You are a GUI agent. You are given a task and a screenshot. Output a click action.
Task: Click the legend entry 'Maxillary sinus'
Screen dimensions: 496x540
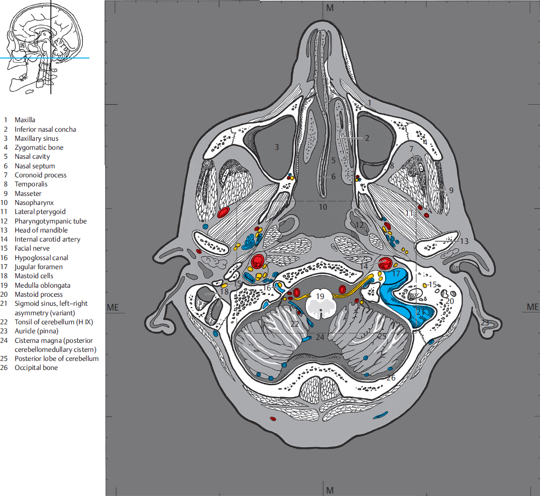tap(36, 138)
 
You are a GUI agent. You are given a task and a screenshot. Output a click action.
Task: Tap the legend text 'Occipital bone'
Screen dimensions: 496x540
tap(36, 368)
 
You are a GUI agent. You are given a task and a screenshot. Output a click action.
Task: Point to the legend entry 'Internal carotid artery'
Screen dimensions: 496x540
tap(47, 239)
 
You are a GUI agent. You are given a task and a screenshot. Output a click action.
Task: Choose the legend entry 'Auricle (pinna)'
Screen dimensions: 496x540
tap(36, 331)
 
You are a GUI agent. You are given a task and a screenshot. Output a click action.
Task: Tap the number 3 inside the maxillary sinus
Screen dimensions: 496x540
tap(277, 147)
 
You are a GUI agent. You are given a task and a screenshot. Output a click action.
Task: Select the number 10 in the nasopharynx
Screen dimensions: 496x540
tap(323, 207)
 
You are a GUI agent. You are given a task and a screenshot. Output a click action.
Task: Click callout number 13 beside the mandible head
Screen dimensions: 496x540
tap(464, 241)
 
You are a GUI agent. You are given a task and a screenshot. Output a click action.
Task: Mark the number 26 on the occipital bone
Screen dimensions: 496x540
tap(391, 378)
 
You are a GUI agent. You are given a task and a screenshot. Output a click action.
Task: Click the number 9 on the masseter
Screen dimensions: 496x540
tap(451, 190)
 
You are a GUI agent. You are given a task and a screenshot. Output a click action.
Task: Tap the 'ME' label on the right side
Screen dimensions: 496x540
tap(533, 307)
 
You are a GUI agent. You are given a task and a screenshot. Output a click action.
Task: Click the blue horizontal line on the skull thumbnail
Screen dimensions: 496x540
tap(29, 58)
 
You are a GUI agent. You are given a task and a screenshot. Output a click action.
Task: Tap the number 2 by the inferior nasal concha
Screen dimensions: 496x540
tap(367, 138)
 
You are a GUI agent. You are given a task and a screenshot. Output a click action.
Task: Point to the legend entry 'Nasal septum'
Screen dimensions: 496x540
tap(34, 166)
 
